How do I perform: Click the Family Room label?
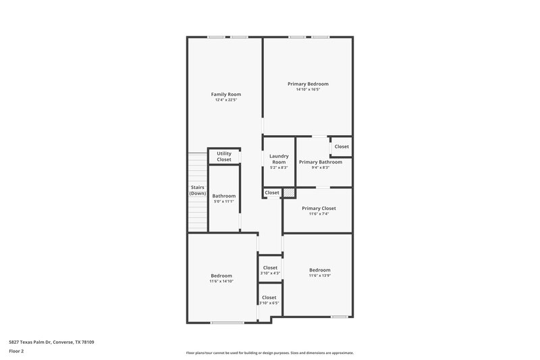click(x=225, y=95)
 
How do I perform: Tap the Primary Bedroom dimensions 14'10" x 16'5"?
click(x=308, y=89)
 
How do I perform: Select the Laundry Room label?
click(x=279, y=159)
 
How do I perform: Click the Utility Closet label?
click(x=224, y=156)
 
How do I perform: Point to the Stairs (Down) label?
click(x=197, y=190)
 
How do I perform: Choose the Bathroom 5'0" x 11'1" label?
click(x=224, y=196)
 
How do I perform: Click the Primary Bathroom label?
click(x=321, y=162)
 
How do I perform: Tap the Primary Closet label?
click(x=319, y=208)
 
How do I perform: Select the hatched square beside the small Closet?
click(x=289, y=193)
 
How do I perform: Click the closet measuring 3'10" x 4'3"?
click(x=270, y=270)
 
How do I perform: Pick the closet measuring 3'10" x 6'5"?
click(x=269, y=300)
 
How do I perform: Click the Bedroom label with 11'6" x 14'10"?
click(x=221, y=276)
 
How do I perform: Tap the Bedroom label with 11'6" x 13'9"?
click(x=320, y=270)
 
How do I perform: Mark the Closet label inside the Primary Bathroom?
click(x=342, y=147)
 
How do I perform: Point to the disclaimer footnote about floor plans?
click(x=269, y=353)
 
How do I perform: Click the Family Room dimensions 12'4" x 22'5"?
click(x=225, y=100)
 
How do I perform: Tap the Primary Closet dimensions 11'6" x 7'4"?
click(x=319, y=213)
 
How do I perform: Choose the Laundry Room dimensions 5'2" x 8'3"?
click(x=279, y=168)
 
